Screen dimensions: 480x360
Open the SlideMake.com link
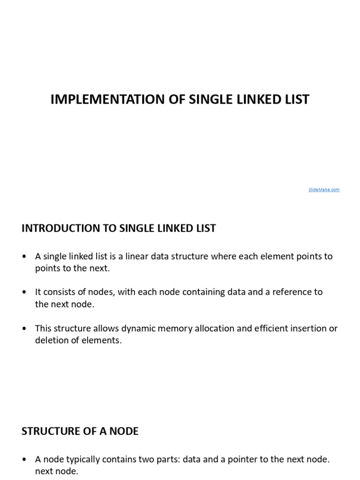click(x=324, y=189)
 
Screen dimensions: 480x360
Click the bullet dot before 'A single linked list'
click(x=24, y=257)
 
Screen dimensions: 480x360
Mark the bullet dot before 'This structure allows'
click(x=24, y=329)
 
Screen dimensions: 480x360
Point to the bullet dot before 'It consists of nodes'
click(x=24, y=292)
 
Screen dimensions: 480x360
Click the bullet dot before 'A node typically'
click(x=24, y=460)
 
